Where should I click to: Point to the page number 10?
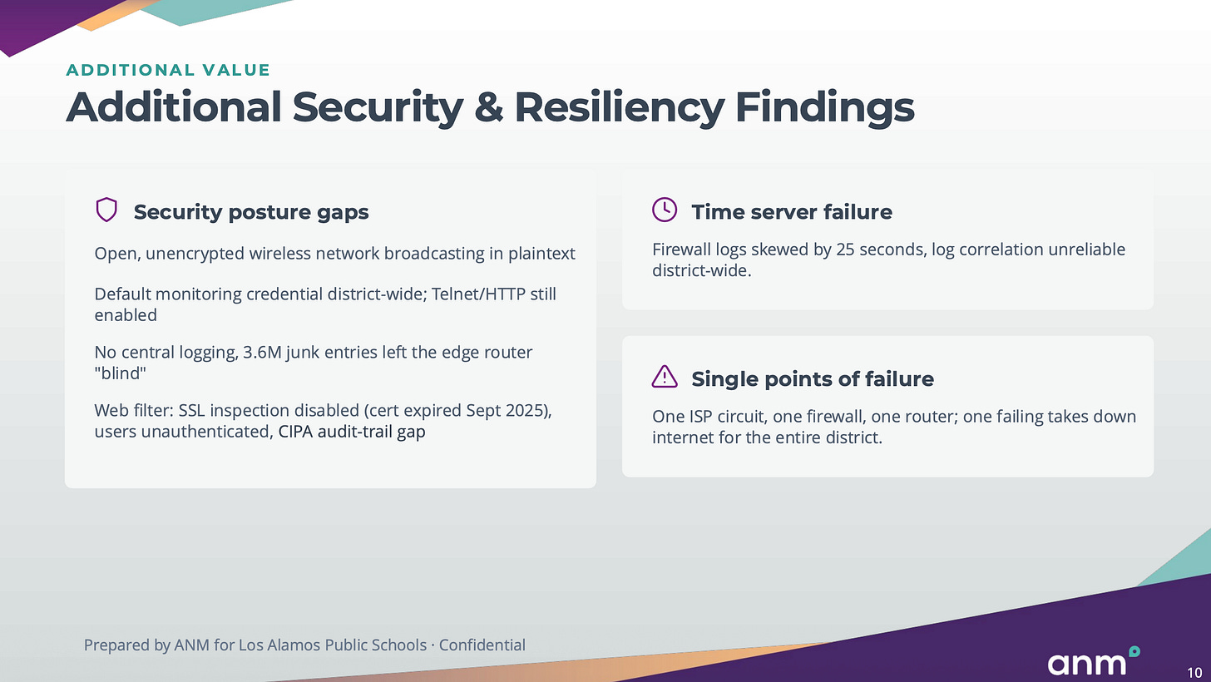coord(1194,673)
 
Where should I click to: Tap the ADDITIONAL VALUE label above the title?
coord(168,70)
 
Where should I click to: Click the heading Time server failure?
coord(792,212)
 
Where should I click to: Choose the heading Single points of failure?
coord(813,378)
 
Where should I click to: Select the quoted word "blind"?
coord(120,373)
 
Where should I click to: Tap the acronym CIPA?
coord(295,432)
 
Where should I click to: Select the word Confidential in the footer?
coord(482,645)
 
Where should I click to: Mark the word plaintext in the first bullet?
coord(541,254)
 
